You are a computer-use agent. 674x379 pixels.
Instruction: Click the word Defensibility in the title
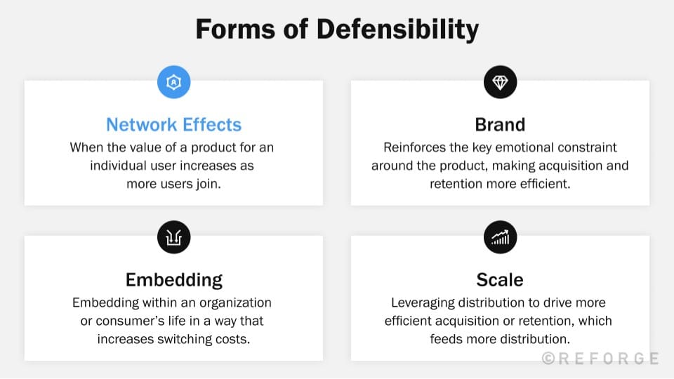pyautogui.click(x=397, y=29)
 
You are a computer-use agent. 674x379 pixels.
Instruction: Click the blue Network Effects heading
pyautogui.click(x=173, y=125)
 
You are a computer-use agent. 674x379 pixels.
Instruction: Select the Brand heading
pyautogui.click(x=500, y=125)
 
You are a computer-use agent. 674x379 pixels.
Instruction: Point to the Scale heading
pyautogui.click(x=500, y=280)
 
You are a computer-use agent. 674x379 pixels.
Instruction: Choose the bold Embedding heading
pyautogui.click(x=173, y=280)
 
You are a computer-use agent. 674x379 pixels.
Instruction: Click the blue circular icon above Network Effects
pyautogui.click(x=173, y=83)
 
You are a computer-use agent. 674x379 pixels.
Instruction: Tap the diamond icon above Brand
pyautogui.click(x=500, y=83)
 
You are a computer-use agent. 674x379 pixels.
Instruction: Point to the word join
pyautogui.click(x=206, y=184)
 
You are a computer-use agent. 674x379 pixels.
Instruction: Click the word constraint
pyautogui.click(x=588, y=147)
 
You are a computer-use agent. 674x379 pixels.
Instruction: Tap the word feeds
pyautogui.click(x=449, y=339)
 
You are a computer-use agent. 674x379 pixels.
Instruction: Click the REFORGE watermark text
pyautogui.click(x=600, y=359)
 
